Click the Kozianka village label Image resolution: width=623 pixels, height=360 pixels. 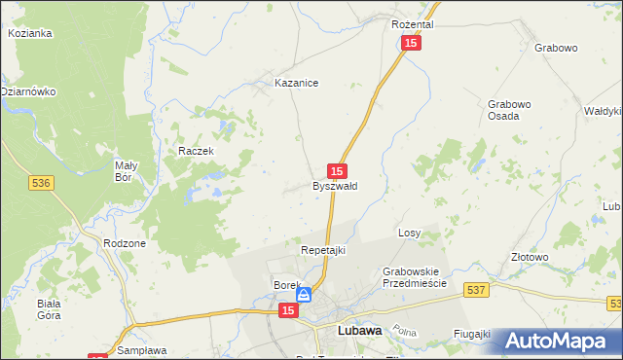(29, 33)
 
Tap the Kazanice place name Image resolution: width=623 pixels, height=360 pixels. (297, 84)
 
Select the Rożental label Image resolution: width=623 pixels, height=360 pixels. (412, 23)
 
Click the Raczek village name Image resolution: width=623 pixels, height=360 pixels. (195, 152)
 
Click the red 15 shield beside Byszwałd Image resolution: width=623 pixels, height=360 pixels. (338, 169)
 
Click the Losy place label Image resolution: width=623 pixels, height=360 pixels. (409, 234)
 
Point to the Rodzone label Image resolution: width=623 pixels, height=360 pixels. (124, 243)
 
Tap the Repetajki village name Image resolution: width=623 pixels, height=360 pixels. (323, 250)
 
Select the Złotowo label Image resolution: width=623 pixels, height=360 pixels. (530, 257)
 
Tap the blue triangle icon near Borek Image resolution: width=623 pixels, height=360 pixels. (304, 294)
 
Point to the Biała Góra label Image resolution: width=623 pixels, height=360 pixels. (50, 308)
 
